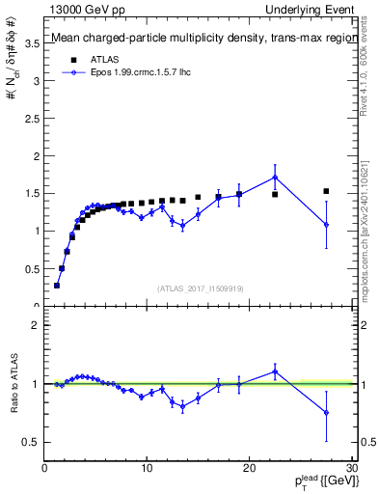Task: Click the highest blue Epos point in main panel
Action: coord(275,177)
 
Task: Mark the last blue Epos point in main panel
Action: coord(326,224)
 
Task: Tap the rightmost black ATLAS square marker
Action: coord(326,191)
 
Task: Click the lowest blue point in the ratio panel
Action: coord(326,412)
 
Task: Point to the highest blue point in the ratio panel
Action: coord(275,370)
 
